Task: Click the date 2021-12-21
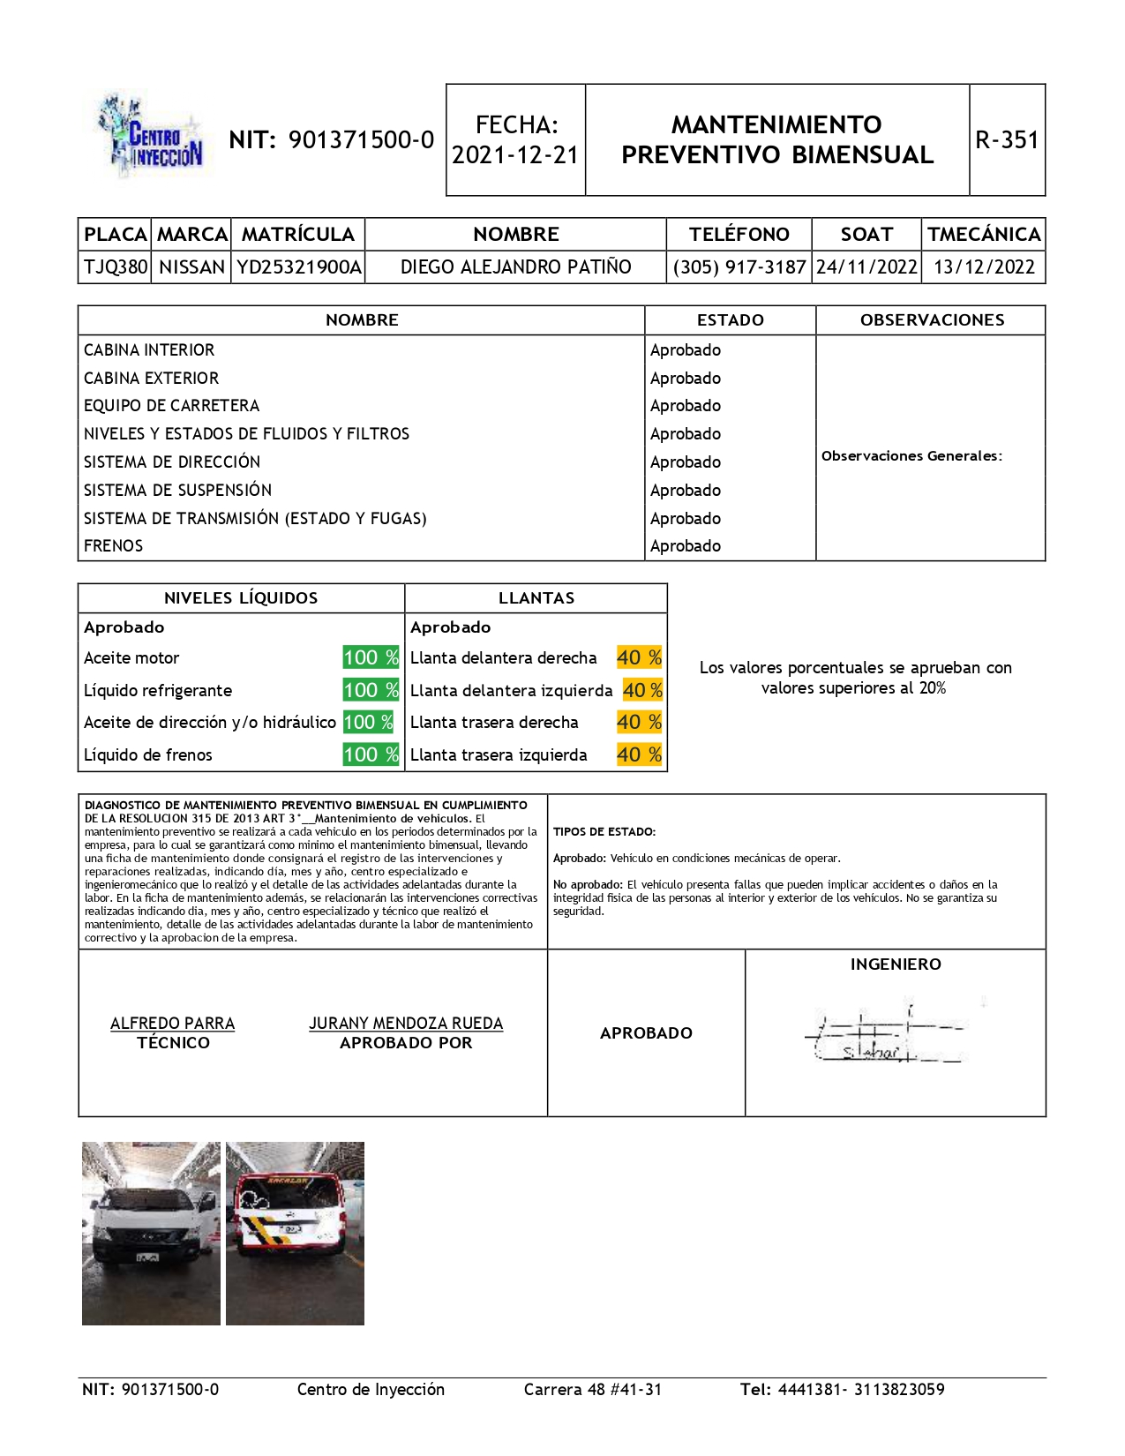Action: pos(515,155)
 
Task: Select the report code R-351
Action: pos(1007,140)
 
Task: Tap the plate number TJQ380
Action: pos(116,267)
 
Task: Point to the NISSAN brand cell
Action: pos(191,267)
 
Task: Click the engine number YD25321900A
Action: pos(299,267)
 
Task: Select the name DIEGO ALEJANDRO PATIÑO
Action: pos(515,267)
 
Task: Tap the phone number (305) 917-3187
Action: pos(739,267)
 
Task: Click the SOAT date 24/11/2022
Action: pos(866,267)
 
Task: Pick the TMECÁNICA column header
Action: pos(984,235)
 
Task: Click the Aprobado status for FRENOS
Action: pos(686,546)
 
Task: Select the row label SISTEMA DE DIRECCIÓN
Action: pos(172,462)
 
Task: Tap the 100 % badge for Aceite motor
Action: pos(371,657)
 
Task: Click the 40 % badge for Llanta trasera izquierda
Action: pos(639,754)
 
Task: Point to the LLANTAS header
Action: pos(536,598)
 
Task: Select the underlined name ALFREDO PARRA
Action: pos(172,1024)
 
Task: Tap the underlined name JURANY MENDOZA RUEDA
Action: pos(406,1024)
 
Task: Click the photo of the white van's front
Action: pos(151,1233)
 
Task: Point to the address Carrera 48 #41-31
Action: pos(593,1390)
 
